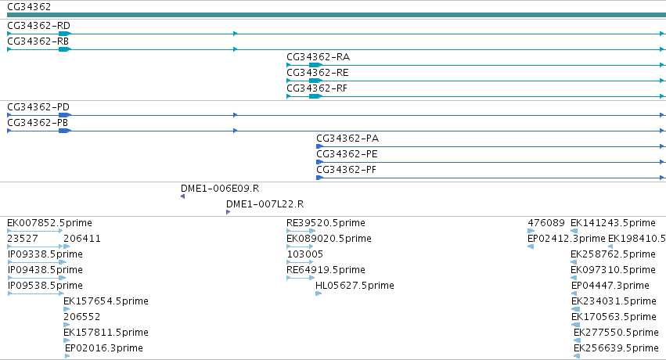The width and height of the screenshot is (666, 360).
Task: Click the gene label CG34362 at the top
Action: click(29, 7)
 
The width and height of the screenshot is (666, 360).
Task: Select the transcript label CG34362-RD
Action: click(38, 26)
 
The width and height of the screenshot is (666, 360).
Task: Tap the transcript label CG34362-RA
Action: click(319, 57)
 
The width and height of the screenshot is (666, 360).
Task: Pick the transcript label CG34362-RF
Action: click(317, 88)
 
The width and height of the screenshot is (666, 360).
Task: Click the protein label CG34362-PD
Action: click(38, 107)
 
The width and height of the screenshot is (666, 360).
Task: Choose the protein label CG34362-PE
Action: click(347, 154)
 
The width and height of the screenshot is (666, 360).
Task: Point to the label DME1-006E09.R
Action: click(220, 189)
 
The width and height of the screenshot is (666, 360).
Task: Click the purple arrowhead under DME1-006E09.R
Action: click(182, 196)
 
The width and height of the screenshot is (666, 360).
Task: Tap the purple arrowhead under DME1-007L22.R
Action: click(228, 212)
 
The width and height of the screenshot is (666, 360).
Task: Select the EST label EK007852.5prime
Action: click(49, 223)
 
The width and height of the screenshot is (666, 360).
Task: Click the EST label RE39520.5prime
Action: click(326, 223)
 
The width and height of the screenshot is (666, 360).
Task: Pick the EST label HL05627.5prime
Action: click(355, 286)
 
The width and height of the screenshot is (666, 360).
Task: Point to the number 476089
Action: click(546, 223)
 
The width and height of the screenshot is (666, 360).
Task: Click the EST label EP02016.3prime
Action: click(103, 348)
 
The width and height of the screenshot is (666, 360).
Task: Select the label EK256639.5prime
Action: click(616, 348)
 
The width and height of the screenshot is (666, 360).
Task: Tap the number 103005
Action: click(305, 254)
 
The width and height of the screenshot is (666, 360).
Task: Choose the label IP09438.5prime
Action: click(45, 270)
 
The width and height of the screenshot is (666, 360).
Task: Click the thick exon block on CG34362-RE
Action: click(315, 81)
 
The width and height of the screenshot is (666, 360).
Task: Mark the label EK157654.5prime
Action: click(106, 301)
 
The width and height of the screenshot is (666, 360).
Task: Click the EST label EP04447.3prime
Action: click(610, 286)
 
